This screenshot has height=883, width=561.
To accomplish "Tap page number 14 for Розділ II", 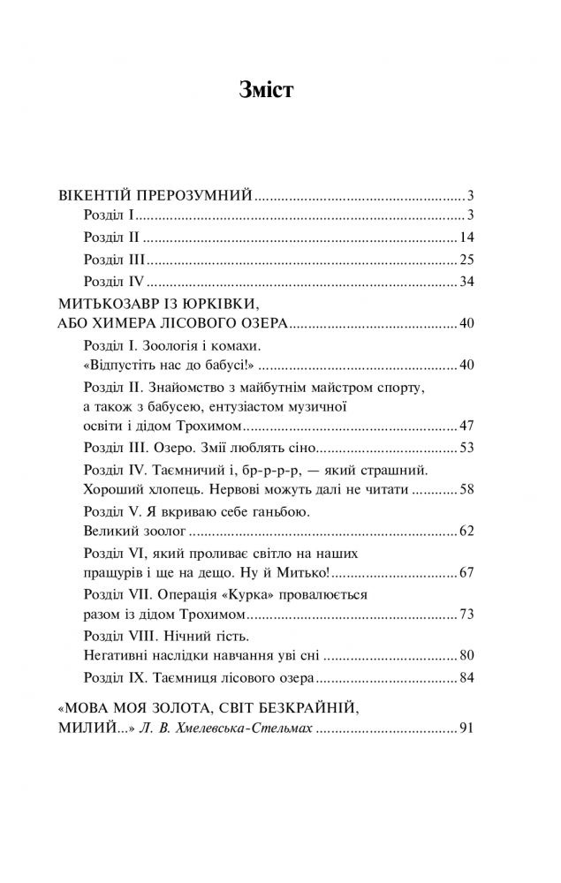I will coord(468,238).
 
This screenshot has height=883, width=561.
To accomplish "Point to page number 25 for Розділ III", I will coord(468,260).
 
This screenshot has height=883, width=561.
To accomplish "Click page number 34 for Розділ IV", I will coord(468,283).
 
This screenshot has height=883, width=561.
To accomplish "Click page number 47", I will coord(468,426).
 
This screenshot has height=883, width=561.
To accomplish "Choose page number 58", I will coord(468,488).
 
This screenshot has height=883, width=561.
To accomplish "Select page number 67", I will coord(468,573).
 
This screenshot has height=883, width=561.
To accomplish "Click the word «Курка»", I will coord(254,595).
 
